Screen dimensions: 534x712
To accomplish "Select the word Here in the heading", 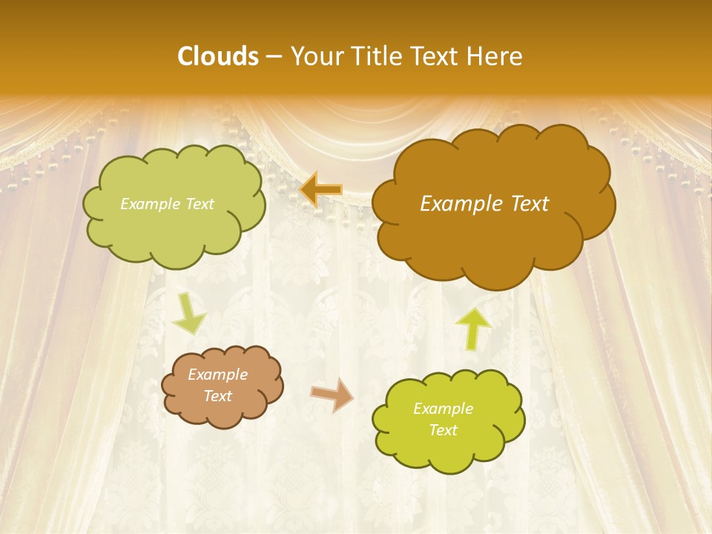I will pyautogui.click(x=496, y=56).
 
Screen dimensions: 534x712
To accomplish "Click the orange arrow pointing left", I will pyautogui.click(x=321, y=190).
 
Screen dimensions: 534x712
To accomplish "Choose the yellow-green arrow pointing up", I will pyautogui.click(x=473, y=327).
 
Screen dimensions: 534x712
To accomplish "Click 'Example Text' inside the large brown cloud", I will pyautogui.click(x=484, y=204).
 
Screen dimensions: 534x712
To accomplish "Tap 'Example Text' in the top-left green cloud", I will pyautogui.click(x=167, y=204).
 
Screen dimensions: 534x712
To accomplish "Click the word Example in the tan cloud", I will pyautogui.click(x=217, y=375).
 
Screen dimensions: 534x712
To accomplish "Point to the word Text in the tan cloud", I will pyautogui.click(x=217, y=396).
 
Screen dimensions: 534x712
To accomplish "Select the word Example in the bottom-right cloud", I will pyautogui.click(x=443, y=409).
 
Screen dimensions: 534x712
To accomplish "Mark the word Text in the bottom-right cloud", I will pyautogui.click(x=443, y=430).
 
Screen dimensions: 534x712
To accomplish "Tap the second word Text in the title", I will pyautogui.click(x=435, y=56).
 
